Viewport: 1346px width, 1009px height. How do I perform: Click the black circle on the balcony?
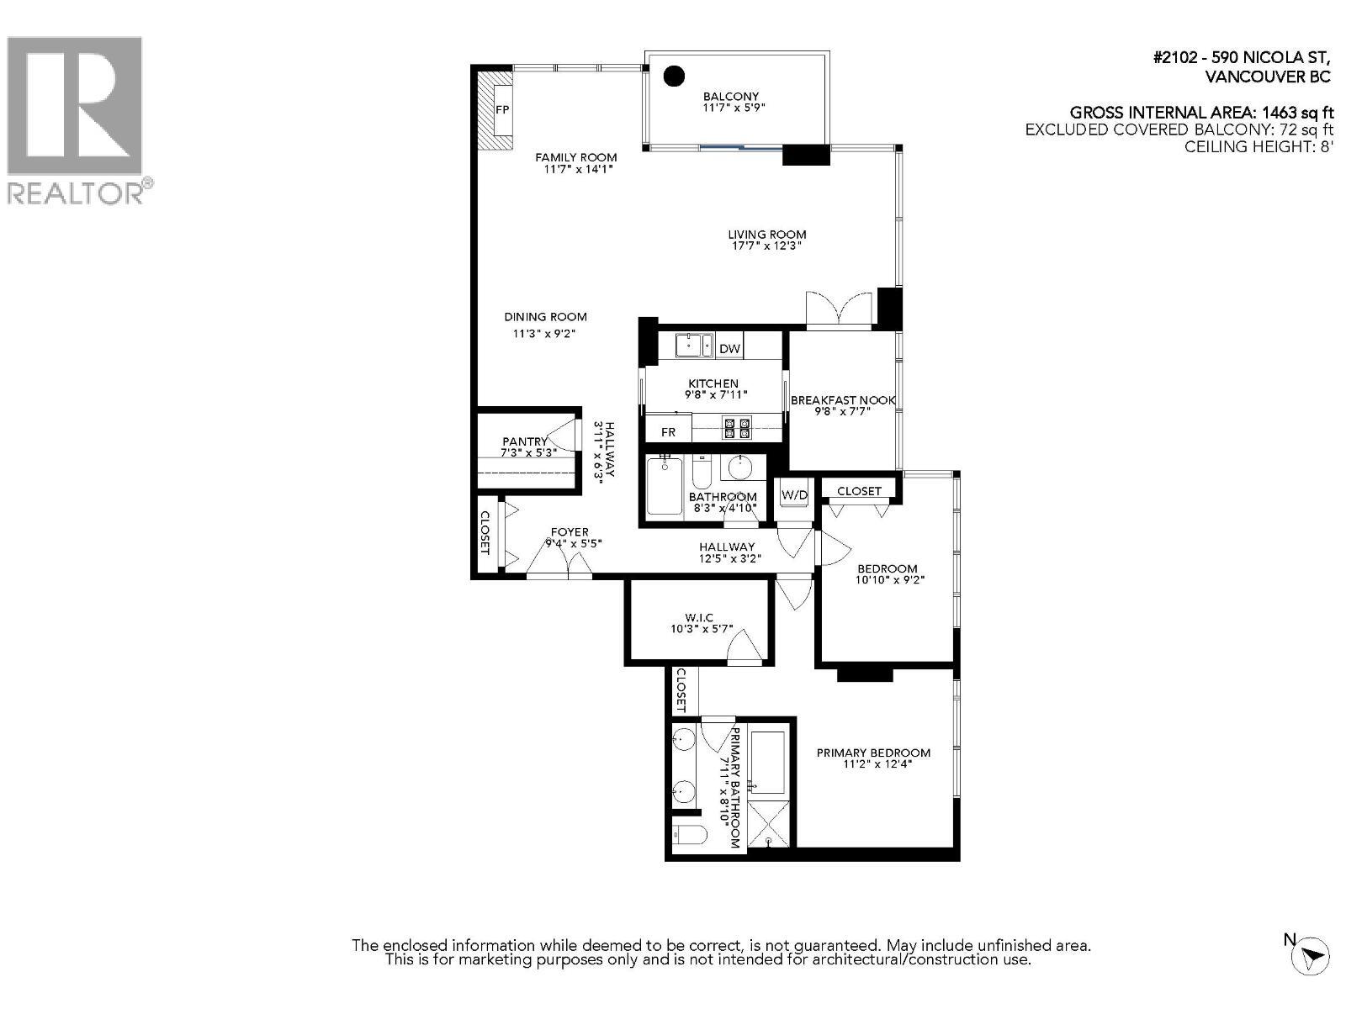673,77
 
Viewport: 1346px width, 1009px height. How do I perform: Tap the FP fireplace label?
502,110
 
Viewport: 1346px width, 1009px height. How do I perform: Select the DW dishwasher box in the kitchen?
729,348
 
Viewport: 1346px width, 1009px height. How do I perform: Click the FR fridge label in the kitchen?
668,432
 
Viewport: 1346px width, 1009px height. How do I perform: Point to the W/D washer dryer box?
794,495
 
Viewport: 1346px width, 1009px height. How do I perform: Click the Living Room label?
766,235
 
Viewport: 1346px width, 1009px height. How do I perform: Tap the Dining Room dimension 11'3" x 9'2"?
544,333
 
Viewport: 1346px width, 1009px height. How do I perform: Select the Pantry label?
525,441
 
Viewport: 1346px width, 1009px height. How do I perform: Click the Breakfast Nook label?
842,400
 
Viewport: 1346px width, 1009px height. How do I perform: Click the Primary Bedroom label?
873,753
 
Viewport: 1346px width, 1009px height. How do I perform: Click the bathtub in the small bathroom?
665,488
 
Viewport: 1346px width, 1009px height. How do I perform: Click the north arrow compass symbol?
1313,955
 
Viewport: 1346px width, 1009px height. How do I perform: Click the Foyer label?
570,532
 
